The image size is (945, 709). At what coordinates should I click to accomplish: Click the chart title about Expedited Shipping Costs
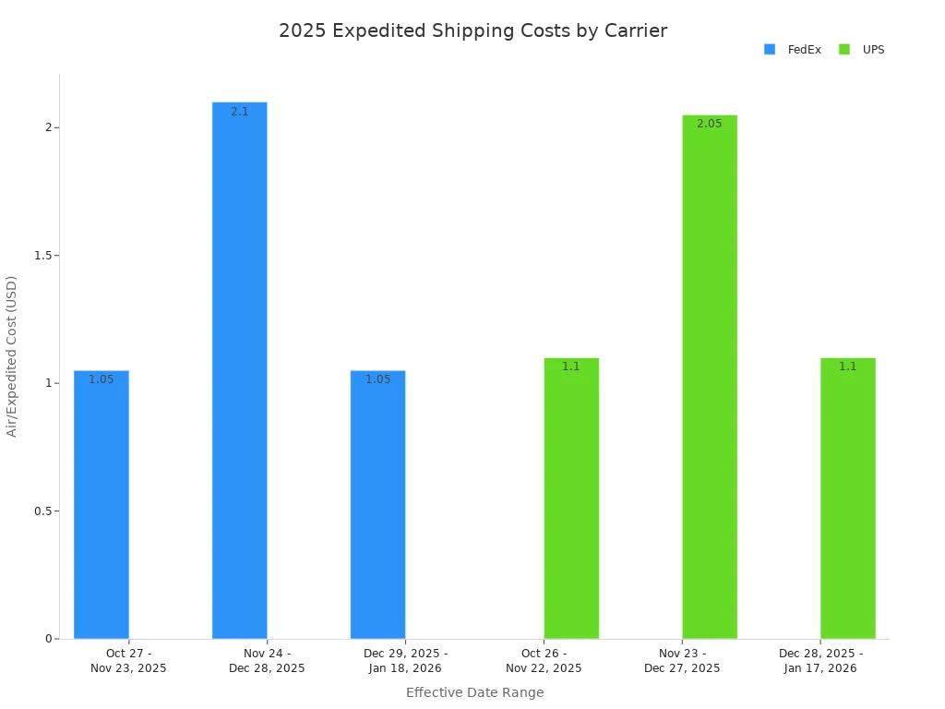(x=472, y=30)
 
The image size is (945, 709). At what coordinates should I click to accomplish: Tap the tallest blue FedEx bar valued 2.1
(x=239, y=369)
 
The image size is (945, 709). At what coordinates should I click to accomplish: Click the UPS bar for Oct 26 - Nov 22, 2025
(x=571, y=499)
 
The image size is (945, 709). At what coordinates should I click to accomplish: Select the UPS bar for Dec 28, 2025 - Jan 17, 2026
(x=847, y=499)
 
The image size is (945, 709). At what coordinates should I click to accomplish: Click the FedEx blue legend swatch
(x=770, y=50)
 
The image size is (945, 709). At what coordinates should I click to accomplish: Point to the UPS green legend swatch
(x=844, y=50)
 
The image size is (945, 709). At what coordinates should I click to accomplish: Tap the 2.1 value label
(x=239, y=112)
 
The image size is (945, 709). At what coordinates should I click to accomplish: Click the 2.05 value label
(x=710, y=124)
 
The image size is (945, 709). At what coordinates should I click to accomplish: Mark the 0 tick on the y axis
(x=48, y=639)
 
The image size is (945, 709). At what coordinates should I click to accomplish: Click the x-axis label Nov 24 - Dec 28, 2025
(x=267, y=661)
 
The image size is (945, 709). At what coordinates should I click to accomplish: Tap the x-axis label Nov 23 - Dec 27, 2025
(x=682, y=661)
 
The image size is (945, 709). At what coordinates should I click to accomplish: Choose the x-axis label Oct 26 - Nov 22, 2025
(x=544, y=661)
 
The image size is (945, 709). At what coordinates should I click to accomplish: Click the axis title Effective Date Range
(x=474, y=692)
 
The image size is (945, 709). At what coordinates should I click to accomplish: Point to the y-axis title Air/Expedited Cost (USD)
(x=12, y=356)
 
